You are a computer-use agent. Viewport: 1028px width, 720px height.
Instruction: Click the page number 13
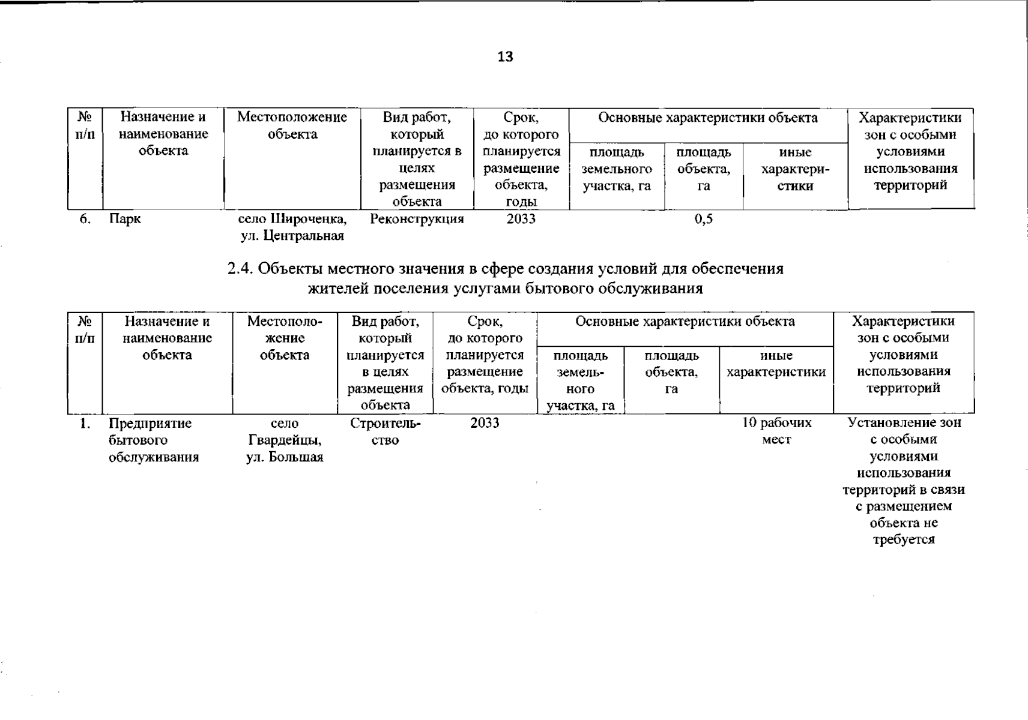pos(505,57)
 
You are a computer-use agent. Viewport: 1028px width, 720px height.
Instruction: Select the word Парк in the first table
pos(125,219)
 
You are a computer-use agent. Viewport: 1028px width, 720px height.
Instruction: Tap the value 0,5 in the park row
pos(703,219)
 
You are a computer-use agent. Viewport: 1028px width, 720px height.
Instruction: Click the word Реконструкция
pos(417,219)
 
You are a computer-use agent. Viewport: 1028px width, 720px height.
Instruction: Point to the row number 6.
pos(85,219)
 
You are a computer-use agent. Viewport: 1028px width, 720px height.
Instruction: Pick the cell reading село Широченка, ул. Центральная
pos(292,227)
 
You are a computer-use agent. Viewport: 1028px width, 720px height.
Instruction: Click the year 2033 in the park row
pos(521,219)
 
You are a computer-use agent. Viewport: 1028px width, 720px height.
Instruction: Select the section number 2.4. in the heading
pos(241,269)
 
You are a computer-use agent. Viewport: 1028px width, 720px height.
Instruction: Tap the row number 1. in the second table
pos(85,424)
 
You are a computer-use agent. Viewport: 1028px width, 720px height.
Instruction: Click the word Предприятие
pos(150,424)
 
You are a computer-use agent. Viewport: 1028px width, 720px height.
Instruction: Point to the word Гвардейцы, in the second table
pos(285,440)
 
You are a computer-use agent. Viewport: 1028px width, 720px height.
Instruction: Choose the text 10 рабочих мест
pos(776,431)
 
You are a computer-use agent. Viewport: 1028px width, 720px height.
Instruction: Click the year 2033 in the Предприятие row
pos(485,423)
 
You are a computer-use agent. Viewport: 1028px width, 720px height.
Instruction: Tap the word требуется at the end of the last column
pos(903,539)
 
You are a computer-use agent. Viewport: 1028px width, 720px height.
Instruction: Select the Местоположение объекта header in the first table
pos(292,125)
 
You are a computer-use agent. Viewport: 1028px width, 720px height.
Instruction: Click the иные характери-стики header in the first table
pos(795,169)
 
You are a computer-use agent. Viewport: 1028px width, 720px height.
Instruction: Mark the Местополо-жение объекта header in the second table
pos(285,338)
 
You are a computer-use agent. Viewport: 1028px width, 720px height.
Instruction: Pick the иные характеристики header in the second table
pos(776,364)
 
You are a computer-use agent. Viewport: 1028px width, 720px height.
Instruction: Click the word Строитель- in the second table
pos(385,424)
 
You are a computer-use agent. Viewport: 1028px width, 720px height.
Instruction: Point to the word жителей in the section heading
pos(337,289)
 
